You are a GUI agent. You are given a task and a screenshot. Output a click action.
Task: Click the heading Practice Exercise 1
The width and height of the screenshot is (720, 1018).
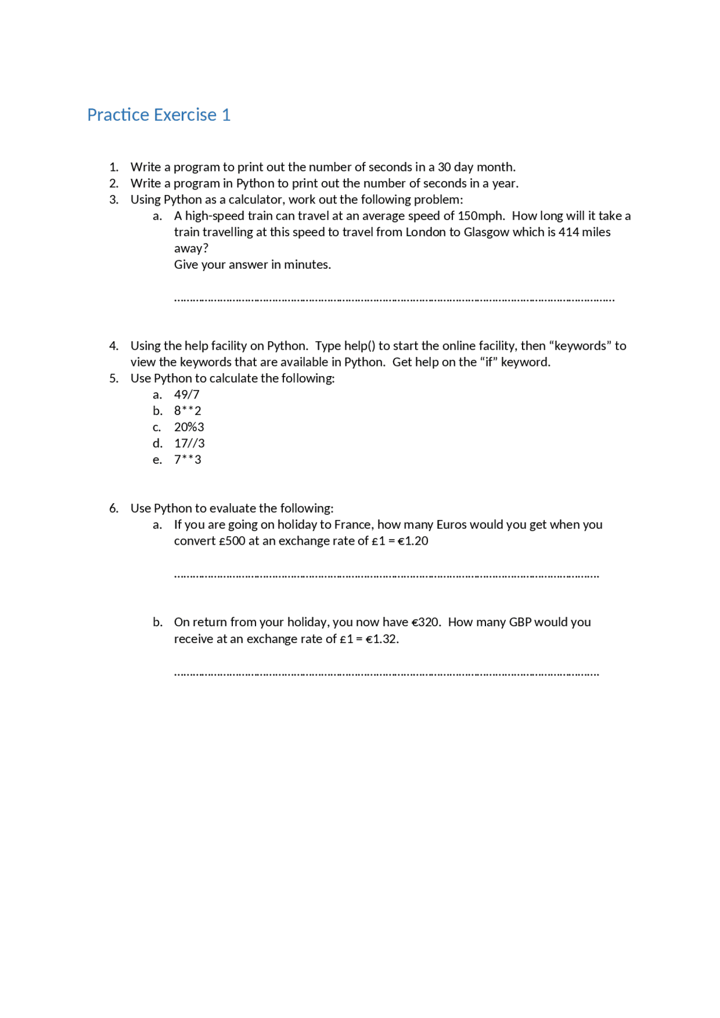click(159, 115)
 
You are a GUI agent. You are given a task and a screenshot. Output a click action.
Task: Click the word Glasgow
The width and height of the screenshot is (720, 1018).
click(486, 232)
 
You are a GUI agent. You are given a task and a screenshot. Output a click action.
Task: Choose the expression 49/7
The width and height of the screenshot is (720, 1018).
click(187, 395)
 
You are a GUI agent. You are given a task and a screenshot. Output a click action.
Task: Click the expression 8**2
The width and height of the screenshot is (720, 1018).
click(187, 411)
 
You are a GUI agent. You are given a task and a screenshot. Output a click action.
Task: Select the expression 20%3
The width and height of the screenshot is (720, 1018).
click(189, 427)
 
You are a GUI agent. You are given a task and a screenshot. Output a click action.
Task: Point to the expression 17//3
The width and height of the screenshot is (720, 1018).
click(189, 444)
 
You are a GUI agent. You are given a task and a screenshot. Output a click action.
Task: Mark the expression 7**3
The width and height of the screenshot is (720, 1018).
click(187, 460)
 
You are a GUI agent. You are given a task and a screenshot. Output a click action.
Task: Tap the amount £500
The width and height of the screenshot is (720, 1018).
click(232, 541)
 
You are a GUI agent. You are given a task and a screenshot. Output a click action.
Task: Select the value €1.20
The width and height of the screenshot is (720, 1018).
click(413, 541)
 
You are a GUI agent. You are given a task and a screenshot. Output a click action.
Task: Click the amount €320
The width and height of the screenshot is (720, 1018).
click(426, 622)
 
